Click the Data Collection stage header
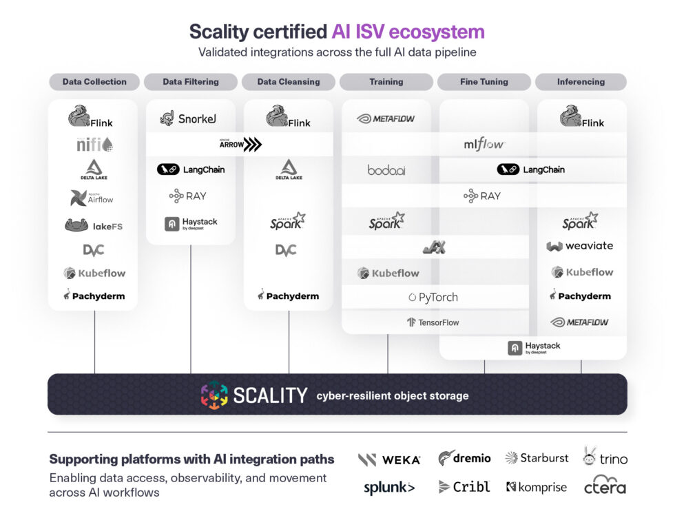coord(94,82)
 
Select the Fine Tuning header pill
coord(484,82)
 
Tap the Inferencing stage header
coord(581,82)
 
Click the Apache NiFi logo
coord(94,145)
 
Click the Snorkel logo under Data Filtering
coord(188,118)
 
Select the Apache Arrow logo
coord(240,145)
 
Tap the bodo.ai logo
coord(386,169)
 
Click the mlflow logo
coord(484,145)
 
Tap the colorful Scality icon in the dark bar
coord(214,395)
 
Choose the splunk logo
coord(389,488)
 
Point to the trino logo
coord(604,457)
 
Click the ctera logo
coord(605,485)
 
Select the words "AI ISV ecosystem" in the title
coord(408,32)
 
